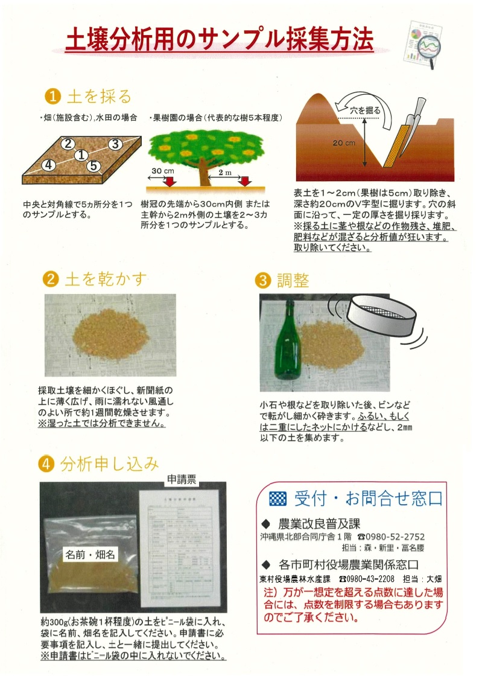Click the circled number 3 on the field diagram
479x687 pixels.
[x=115, y=144]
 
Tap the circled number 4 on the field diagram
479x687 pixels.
[x=49, y=164]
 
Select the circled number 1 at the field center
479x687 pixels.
[x=81, y=155]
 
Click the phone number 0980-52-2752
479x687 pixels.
[x=395, y=536]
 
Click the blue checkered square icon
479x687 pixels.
[x=278, y=499]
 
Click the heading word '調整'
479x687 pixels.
[x=293, y=280]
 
